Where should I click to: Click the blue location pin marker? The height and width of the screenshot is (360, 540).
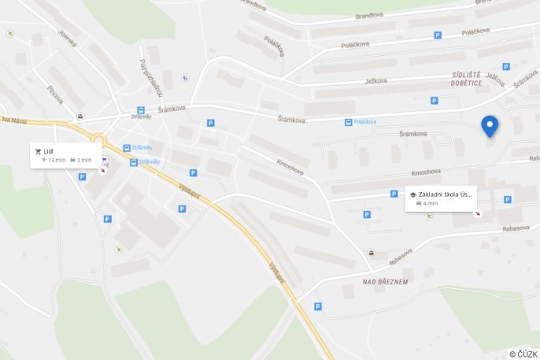[490, 124]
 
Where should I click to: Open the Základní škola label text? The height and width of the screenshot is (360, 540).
[446, 194]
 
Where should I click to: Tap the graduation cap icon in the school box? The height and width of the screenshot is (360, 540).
[413, 194]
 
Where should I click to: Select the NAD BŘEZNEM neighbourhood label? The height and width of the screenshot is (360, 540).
[385, 281]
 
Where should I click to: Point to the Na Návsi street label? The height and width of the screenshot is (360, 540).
[14, 121]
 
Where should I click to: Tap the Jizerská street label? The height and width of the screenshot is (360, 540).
[67, 38]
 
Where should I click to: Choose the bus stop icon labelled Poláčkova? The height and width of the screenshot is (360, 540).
[348, 121]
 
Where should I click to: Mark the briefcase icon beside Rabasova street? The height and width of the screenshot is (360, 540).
[371, 253]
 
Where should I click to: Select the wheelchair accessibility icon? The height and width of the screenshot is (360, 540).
[185, 77]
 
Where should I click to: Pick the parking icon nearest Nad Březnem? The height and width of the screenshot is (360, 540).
[318, 306]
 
